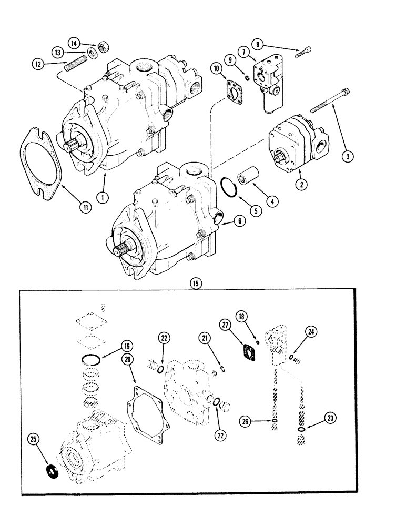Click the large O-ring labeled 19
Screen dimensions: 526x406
pyautogui.click(x=92, y=360)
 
